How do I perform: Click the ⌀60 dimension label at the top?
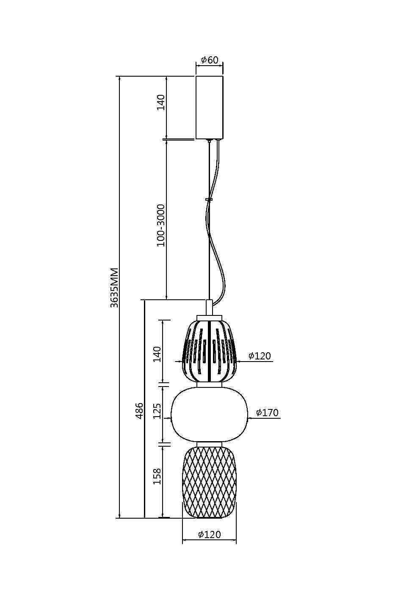(210, 60)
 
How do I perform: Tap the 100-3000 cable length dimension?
(161, 225)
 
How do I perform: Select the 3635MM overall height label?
(114, 288)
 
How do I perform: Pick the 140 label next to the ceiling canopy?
(161, 102)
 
